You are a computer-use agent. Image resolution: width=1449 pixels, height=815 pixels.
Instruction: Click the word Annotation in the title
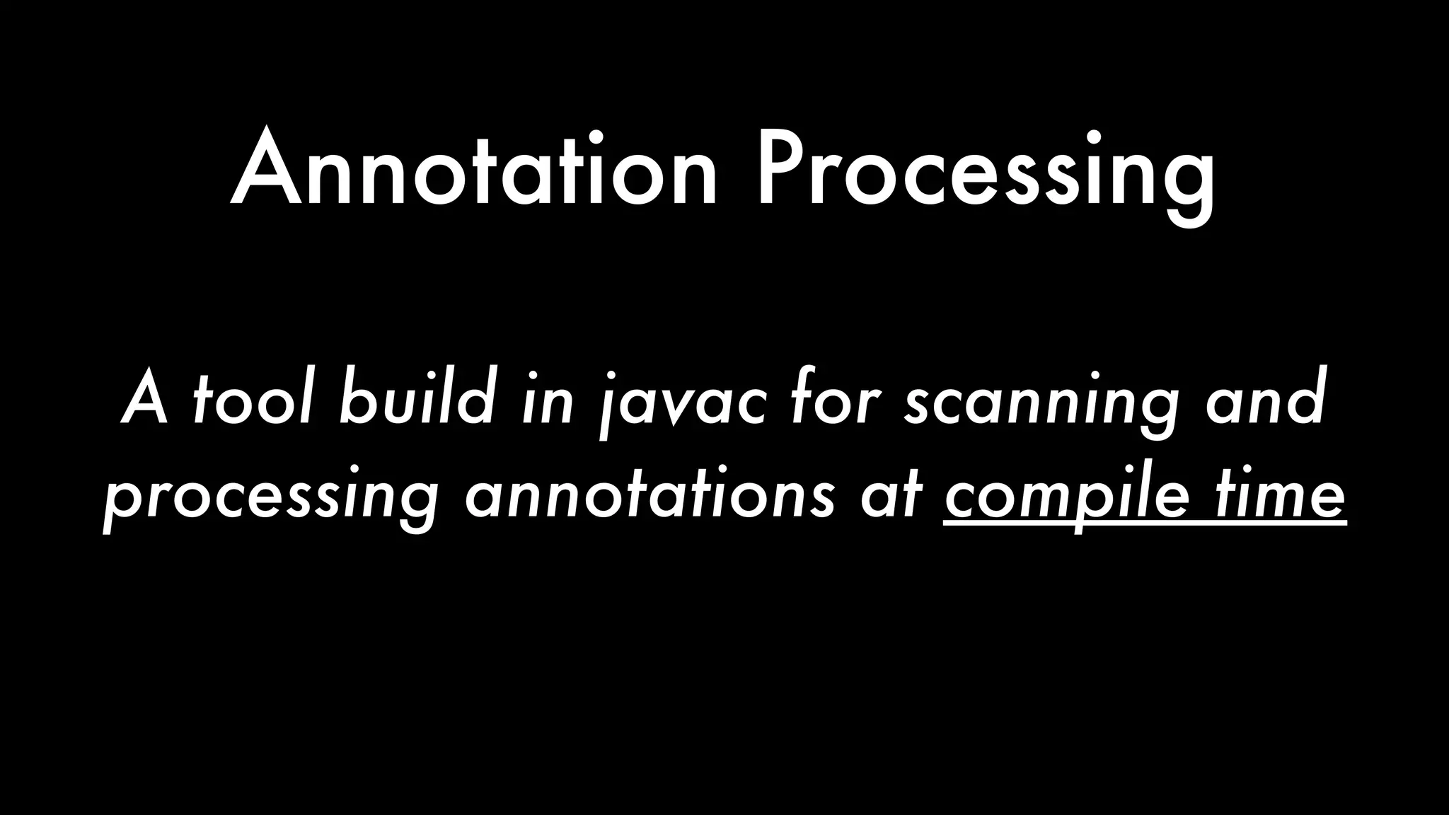[x=474, y=170]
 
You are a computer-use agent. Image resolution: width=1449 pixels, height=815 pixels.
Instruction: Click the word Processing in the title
[x=986, y=174]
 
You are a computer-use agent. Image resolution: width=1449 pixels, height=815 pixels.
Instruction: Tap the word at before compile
[x=891, y=495]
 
